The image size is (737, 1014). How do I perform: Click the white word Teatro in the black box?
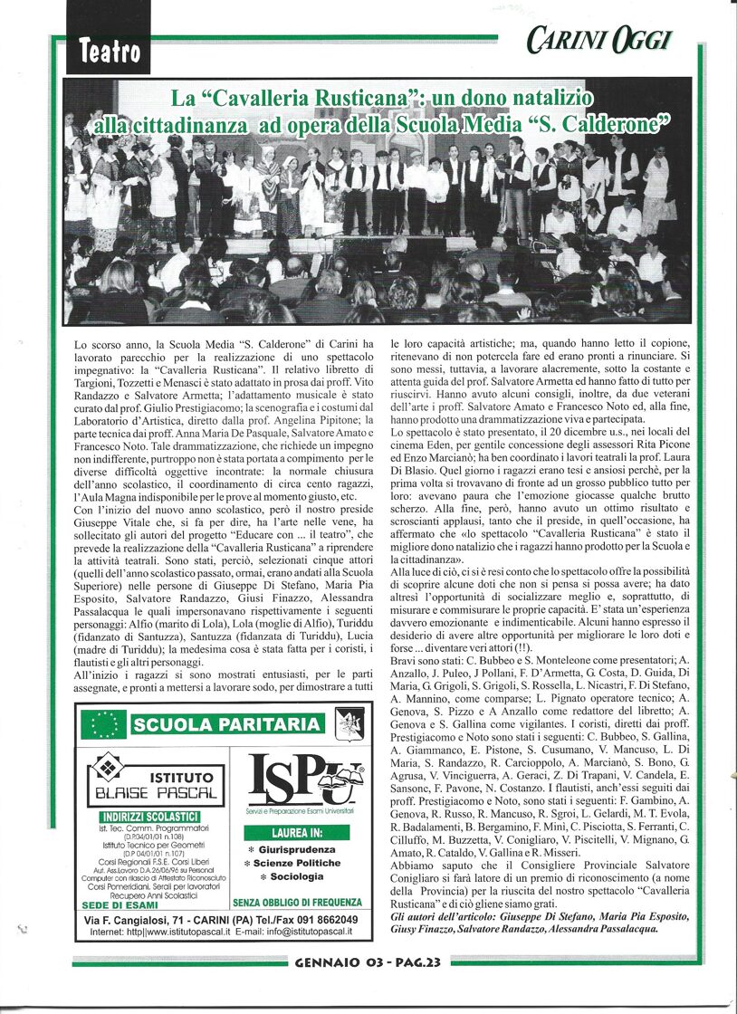click(x=110, y=53)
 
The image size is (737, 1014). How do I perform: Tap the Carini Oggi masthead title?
click(x=597, y=40)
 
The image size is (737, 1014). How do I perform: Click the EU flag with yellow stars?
click(x=103, y=724)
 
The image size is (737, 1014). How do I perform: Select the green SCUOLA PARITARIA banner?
click(x=227, y=724)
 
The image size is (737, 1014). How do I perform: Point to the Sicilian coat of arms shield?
click(x=349, y=724)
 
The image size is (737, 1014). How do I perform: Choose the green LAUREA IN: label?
click(x=296, y=832)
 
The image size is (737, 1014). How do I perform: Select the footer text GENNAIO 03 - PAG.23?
click(x=368, y=962)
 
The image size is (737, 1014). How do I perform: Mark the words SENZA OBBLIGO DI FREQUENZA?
click(x=297, y=903)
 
